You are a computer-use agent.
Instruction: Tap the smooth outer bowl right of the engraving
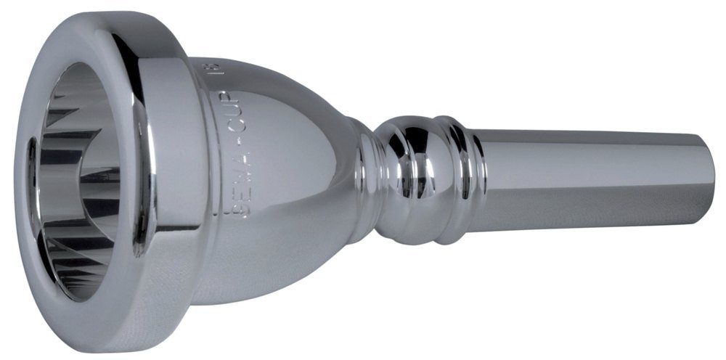tap(290, 181)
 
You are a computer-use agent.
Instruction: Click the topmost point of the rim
tap(109, 12)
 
